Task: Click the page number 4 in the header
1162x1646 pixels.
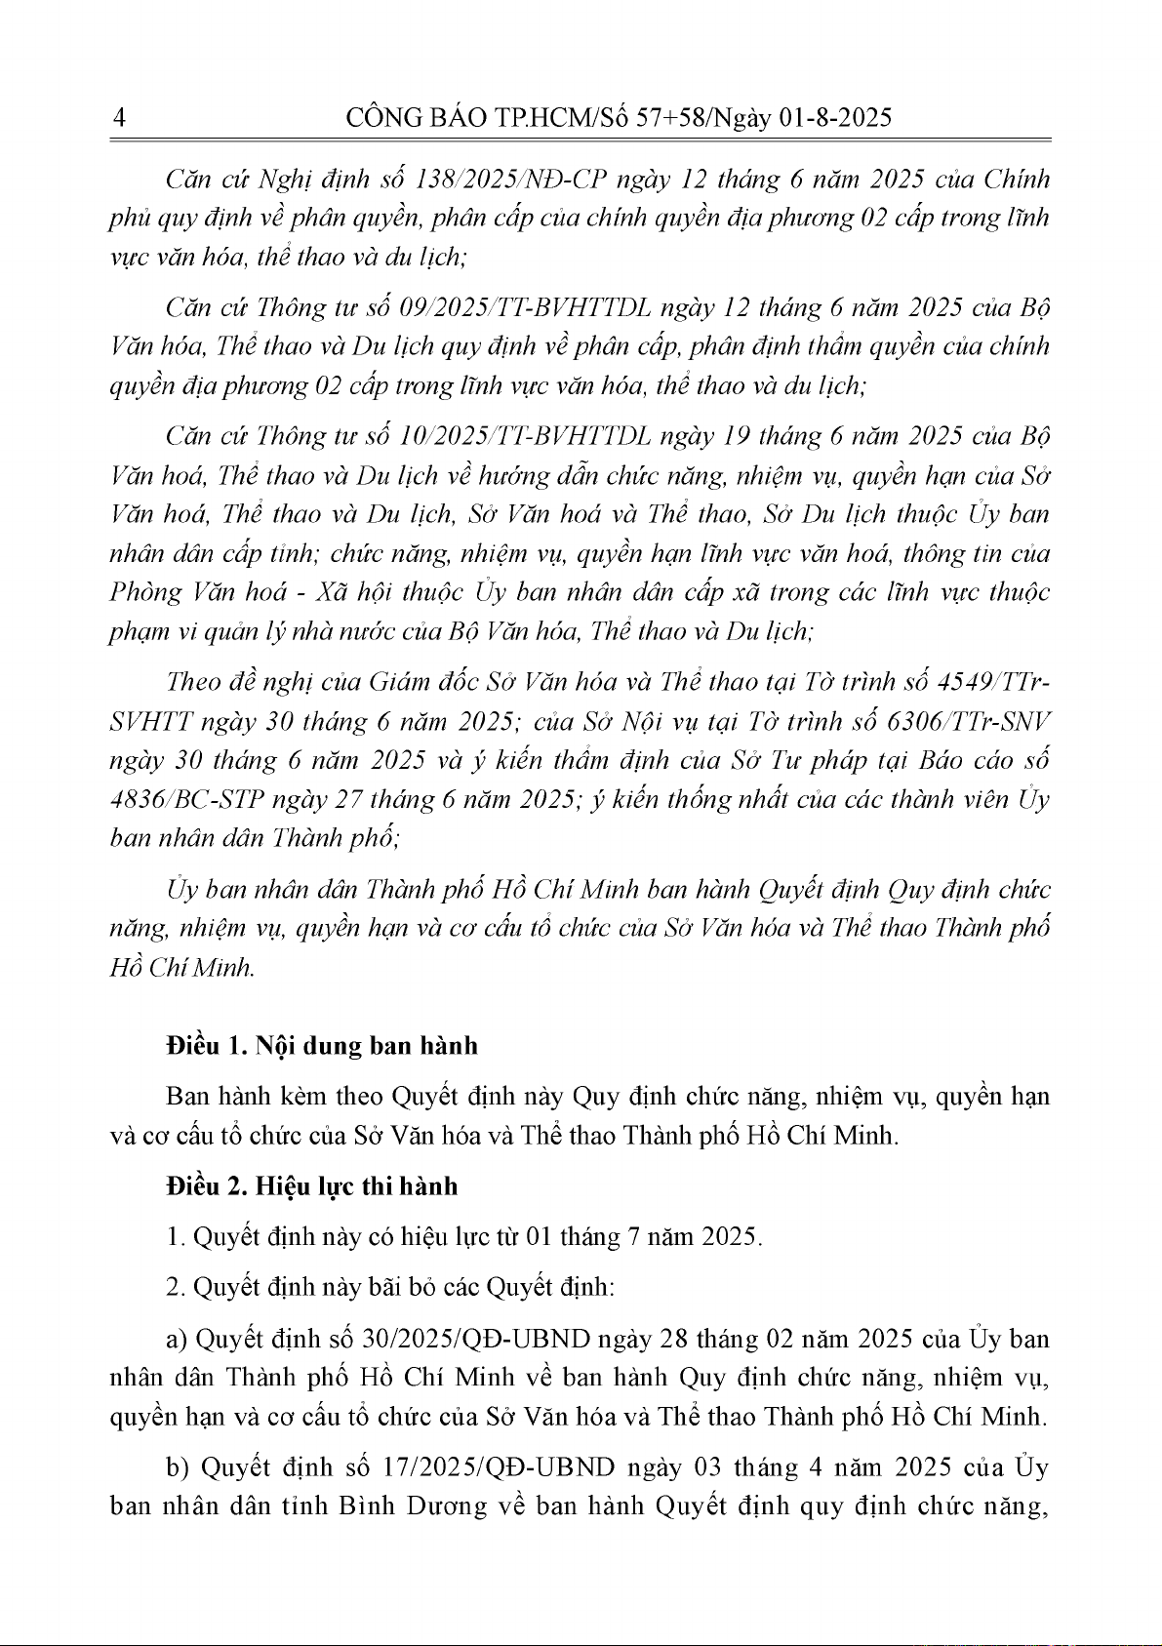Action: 119,119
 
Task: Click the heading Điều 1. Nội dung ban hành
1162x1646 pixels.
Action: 322,1046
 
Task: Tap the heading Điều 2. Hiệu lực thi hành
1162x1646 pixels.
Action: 311,1186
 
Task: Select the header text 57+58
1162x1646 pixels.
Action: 671,119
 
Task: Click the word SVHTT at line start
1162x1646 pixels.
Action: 151,721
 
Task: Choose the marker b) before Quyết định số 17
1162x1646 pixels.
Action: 178,1467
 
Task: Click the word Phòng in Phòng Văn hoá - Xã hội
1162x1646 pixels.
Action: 146,593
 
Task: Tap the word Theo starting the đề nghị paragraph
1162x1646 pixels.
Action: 194,681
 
